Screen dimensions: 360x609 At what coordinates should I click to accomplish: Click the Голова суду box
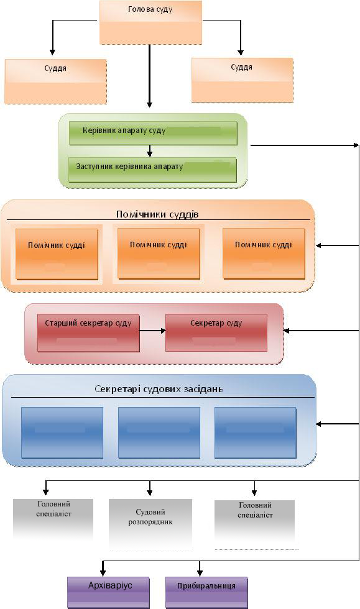click(x=151, y=22)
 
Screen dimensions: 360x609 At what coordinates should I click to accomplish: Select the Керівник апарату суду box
click(x=153, y=133)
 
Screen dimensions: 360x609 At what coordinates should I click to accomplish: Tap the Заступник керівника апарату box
click(x=152, y=170)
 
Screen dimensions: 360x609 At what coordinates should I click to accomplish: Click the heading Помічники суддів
click(x=157, y=214)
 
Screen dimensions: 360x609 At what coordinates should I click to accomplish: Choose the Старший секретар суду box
click(x=88, y=333)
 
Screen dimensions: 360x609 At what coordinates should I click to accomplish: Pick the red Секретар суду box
click(x=216, y=333)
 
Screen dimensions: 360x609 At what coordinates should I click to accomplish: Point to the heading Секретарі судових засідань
click(x=159, y=389)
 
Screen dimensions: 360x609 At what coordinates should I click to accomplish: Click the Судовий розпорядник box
click(x=150, y=523)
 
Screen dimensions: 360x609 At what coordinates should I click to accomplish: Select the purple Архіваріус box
click(x=108, y=592)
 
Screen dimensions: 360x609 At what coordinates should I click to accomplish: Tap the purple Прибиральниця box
click(x=206, y=592)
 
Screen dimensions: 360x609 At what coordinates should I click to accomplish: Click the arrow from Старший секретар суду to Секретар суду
click(x=152, y=331)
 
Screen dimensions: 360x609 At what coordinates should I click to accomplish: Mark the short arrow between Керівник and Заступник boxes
click(x=150, y=151)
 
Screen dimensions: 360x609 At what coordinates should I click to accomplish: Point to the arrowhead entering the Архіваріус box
click(x=103, y=573)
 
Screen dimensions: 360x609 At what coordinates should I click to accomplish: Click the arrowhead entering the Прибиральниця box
click(x=200, y=573)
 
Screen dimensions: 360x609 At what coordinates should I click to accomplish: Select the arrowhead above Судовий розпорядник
click(x=150, y=492)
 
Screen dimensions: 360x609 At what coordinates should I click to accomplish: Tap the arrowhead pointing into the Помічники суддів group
click(x=318, y=245)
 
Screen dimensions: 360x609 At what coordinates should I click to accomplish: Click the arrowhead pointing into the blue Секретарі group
click(x=318, y=424)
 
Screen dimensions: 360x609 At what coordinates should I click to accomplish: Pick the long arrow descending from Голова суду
click(x=150, y=76)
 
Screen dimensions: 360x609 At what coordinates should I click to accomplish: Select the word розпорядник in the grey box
click(x=150, y=522)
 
